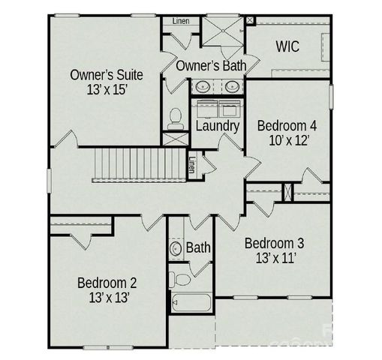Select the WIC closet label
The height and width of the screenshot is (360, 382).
click(287, 46)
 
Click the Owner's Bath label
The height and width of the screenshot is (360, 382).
click(212, 66)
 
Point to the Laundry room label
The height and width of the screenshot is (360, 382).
click(217, 126)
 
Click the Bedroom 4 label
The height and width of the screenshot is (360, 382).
click(286, 124)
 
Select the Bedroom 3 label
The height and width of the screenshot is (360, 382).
click(275, 243)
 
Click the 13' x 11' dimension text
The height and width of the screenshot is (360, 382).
click(275, 259)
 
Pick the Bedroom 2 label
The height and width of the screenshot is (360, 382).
click(107, 283)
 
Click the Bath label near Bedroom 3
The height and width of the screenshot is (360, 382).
click(199, 247)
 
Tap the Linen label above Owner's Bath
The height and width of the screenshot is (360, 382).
click(181, 20)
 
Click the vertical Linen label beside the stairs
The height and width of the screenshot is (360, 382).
click(192, 163)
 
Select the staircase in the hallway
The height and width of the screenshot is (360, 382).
click(138, 164)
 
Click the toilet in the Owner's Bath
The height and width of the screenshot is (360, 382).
click(176, 117)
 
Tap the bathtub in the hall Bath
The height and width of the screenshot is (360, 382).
click(191, 304)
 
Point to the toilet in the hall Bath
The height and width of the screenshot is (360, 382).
click(181, 280)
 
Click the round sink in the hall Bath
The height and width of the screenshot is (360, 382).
click(176, 247)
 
